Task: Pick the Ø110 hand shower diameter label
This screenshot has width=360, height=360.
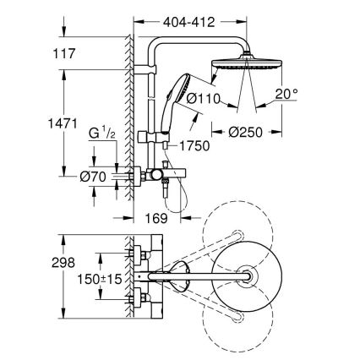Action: tap(204, 99)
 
